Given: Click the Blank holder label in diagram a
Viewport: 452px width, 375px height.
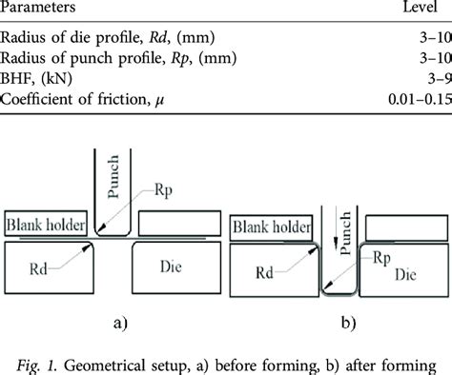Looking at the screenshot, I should point(46,226).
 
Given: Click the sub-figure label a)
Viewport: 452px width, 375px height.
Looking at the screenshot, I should point(120,321).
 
